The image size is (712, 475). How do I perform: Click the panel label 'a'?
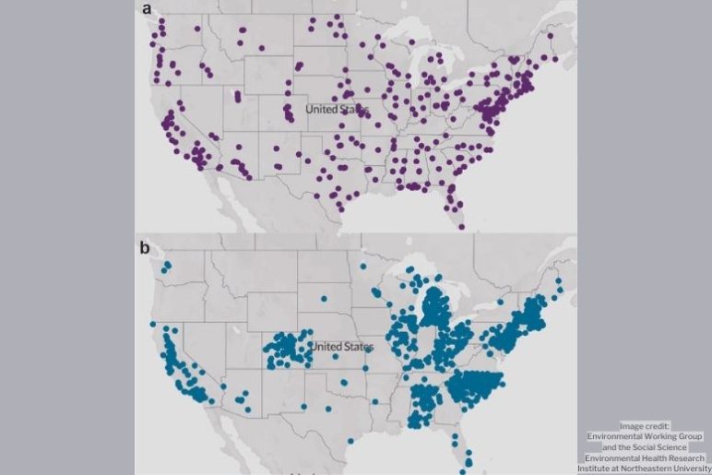[x=147, y=10]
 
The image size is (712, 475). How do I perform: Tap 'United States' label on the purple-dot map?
[x=337, y=110]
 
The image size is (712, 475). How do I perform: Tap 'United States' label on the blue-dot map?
[x=341, y=347]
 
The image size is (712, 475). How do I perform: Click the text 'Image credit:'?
[x=645, y=426]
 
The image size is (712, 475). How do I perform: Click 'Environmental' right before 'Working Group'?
[x=617, y=436]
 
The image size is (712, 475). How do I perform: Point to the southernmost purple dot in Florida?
[x=461, y=226]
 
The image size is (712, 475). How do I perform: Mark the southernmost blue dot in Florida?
[x=469, y=463]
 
